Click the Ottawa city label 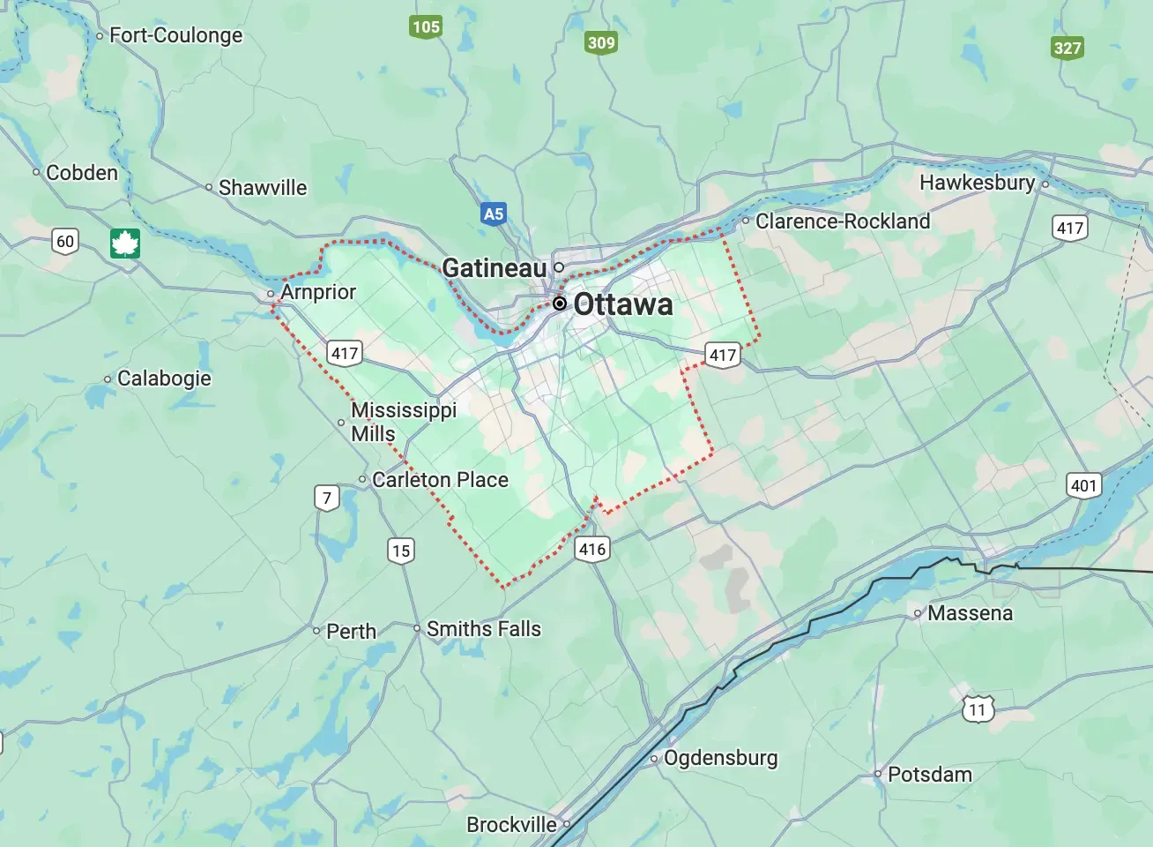point(622,304)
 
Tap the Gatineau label point(494,267)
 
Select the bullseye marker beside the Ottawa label point(559,304)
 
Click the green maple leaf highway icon point(125,243)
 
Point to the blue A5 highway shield point(494,214)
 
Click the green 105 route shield point(426,26)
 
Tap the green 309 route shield point(601,42)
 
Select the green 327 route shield point(1067,48)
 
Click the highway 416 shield point(592,549)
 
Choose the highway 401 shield point(1083,485)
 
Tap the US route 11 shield point(977,709)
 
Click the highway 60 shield point(65,242)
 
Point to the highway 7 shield point(327,498)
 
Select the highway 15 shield point(401,551)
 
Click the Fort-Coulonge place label point(175,35)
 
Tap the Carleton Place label point(440,479)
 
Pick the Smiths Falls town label point(483,629)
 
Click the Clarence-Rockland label point(842,221)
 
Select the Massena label point(970,613)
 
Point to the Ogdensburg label point(720,758)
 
